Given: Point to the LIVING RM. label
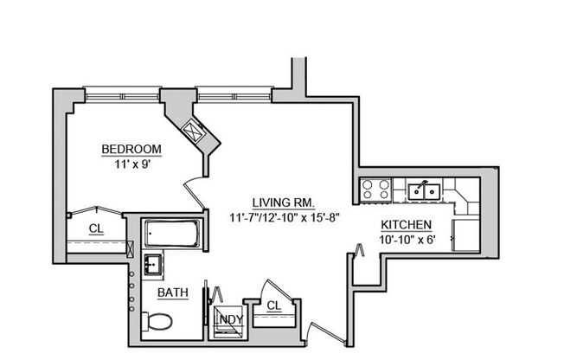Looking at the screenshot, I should point(279,202).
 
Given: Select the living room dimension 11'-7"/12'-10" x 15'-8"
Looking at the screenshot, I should point(279,217).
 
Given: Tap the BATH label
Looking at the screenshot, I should point(173,293).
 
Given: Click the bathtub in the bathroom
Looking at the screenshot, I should point(172,233).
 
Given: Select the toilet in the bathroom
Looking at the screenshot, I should point(158,322).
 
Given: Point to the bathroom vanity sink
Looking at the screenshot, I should point(154,263).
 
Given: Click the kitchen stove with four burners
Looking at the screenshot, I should point(376,189).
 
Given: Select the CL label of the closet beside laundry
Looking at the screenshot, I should point(274,305).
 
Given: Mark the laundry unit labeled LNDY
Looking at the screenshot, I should point(228,318).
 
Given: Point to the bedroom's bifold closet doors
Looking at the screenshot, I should point(95,209).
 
